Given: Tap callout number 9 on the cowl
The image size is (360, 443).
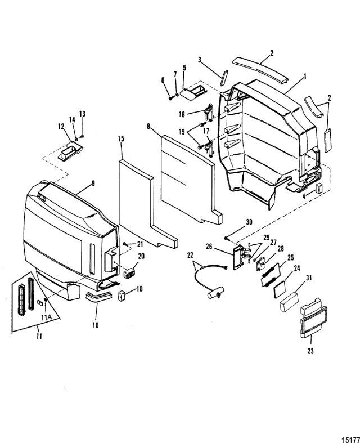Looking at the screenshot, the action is (x=93, y=183).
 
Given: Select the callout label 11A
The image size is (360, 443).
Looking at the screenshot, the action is (x=46, y=317).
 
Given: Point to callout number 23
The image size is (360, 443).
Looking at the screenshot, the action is (x=310, y=351).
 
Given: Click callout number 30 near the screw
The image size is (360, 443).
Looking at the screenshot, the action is (x=249, y=222).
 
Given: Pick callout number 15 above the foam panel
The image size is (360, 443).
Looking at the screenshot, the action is (x=121, y=138).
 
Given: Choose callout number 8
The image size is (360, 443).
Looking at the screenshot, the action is (x=148, y=126).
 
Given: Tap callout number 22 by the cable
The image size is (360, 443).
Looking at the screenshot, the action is (x=190, y=255).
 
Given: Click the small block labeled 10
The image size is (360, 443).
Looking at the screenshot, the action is (x=122, y=296).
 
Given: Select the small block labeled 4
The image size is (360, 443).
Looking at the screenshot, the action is (x=318, y=187).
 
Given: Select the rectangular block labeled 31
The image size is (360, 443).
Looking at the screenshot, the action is (x=289, y=302).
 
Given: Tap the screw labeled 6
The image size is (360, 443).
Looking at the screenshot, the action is (x=171, y=98).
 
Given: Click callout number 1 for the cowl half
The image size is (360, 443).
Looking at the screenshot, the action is (x=305, y=77).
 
